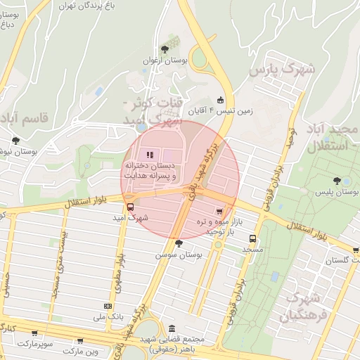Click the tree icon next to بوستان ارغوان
pyautogui.click(x=165, y=49)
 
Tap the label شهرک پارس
pyautogui.click(x=283, y=70)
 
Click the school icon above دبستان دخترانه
pyautogui.click(x=148, y=155)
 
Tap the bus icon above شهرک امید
pyautogui.click(x=130, y=207)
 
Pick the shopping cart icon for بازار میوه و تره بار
pyautogui.click(x=220, y=210)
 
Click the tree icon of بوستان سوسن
pyautogui.click(x=179, y=243)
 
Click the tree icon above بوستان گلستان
pyautogui.click(x=356, y=250)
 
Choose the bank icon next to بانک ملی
pyautogui.click(x=108, y=307)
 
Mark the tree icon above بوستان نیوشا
pyautogui.click(x=15, y=141)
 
